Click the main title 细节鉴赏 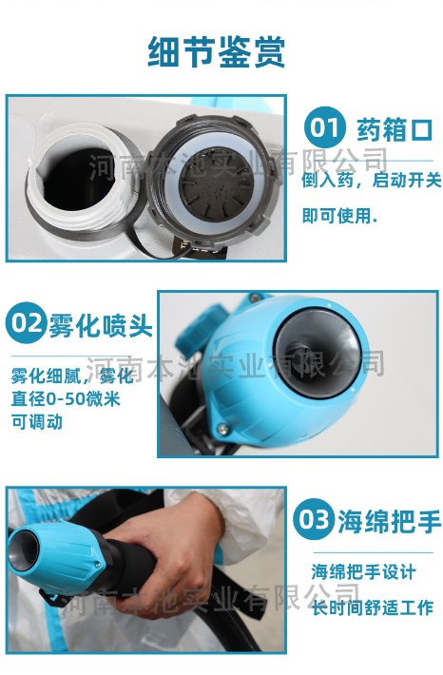click(x=217, y=52)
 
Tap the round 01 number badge click(x=324, y=127)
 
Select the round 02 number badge click(x=27, y=322)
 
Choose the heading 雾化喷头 click(x=101, y=324)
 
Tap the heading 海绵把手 click(x=389, y=521)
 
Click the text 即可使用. click(x=340, y=215)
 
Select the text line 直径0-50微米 click(x=66, y=399)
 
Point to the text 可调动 click(x=37, y=422)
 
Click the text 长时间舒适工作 click(x=373, y=607)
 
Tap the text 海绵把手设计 click(x=364, y=572)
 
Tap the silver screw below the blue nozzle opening click(x=222, y=429)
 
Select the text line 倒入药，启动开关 click(x=372, y=180)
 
